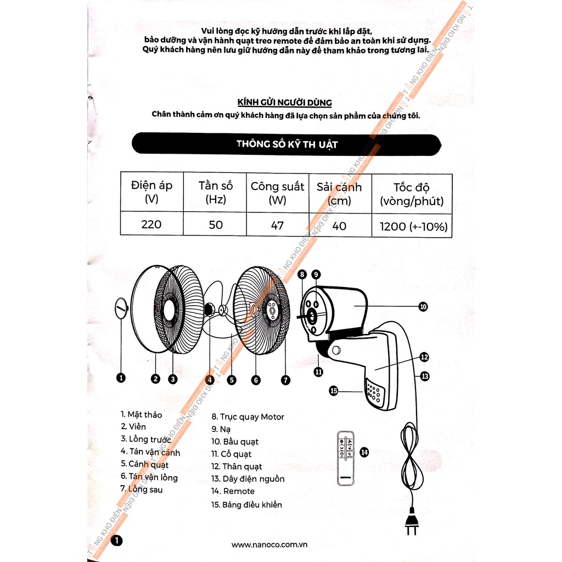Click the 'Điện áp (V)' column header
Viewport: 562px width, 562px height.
point(151,192)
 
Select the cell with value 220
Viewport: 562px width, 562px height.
point(151,224)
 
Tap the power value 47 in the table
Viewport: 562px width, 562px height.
point(277,226)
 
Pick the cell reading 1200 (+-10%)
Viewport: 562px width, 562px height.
point(412,226)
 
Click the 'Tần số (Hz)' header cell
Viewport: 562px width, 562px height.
point(215,192)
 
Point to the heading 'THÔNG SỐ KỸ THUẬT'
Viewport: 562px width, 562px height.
point(286,144)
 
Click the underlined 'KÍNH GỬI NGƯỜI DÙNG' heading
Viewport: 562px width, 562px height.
point(284,103)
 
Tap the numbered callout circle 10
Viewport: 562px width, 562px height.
point(423,307)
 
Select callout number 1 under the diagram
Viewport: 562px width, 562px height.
point(121,378)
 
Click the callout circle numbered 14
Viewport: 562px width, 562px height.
point(364,452)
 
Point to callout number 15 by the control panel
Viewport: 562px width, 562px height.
point(333,391)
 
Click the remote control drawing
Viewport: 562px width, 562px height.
point(346,458)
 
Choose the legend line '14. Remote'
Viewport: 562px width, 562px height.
point(233,491)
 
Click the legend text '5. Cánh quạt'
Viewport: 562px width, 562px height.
point(145,465)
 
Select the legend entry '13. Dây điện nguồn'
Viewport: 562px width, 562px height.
point(248,479)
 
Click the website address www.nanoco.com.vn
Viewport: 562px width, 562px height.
point(268,544)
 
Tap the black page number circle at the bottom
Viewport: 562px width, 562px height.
point(117,541)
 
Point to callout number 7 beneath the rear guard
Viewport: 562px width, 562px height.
point(285,379)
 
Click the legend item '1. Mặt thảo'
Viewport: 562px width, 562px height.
point(142,414)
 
